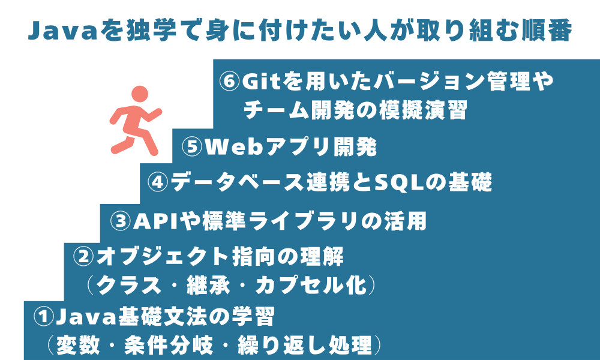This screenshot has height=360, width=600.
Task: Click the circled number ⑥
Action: [x=230, y=81]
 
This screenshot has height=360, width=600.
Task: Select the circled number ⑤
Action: [x=193, y=147]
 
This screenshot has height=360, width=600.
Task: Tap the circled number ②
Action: [x=83, y=257]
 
